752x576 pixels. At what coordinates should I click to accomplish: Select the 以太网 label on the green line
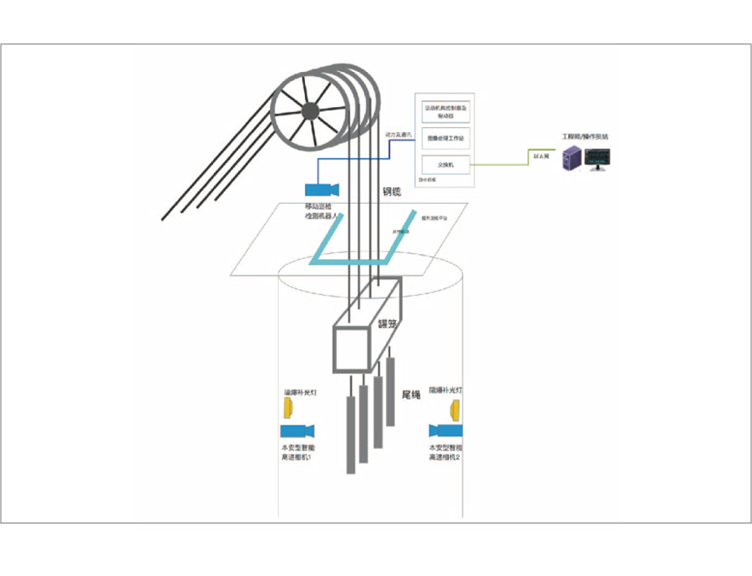point(541,155)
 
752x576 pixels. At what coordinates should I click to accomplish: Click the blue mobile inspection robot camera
point(320,190)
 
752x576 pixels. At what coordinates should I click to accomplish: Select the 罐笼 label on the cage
point(387,319)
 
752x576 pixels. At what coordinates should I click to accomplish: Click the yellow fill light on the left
point(288,408)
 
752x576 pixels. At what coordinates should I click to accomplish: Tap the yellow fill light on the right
point(456,410)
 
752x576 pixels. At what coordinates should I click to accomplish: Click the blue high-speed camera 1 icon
point(296,431)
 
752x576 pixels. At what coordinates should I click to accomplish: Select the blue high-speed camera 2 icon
point(446,431)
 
